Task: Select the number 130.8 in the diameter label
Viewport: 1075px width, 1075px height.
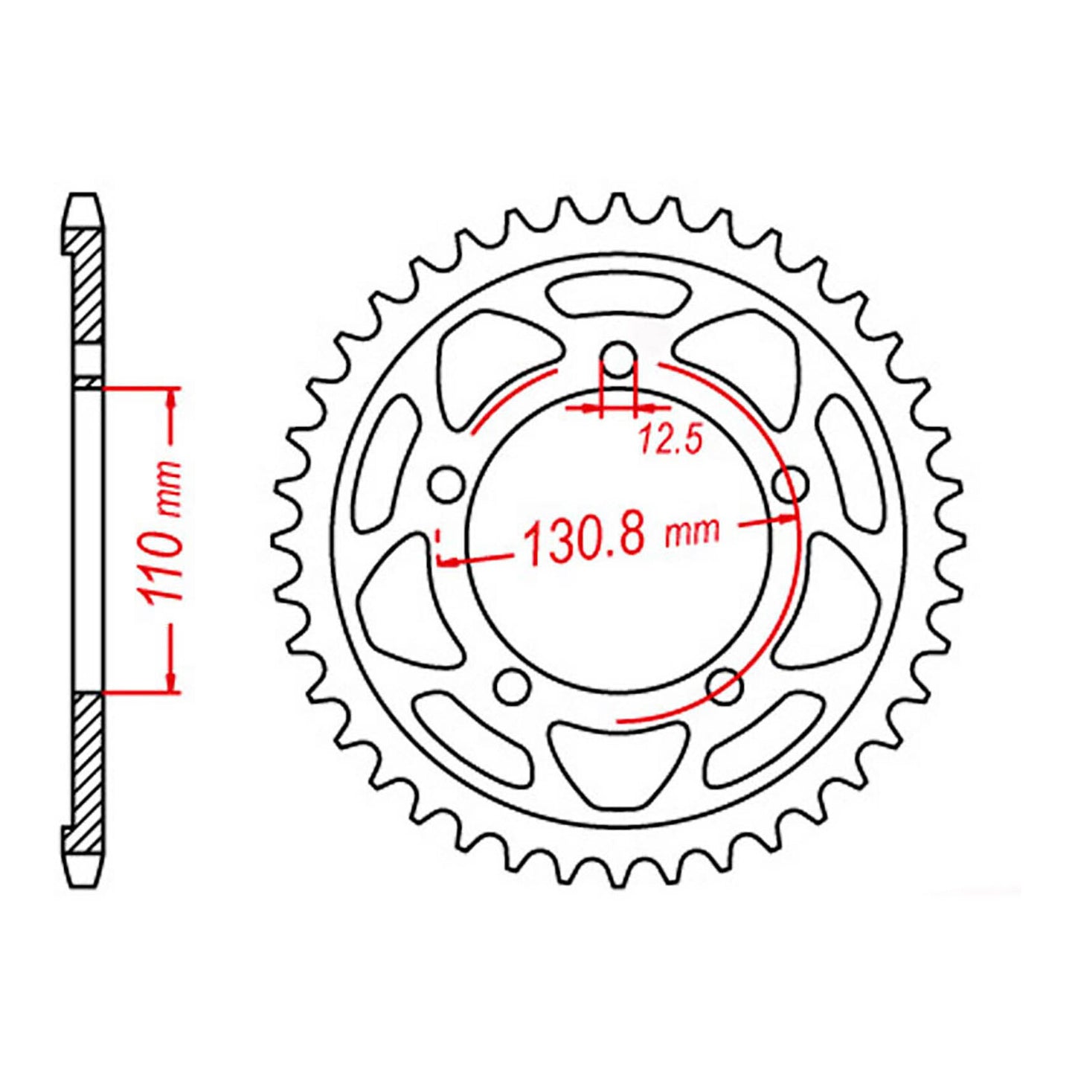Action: (583, 537)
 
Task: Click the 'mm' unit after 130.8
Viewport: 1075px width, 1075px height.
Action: (693, 531)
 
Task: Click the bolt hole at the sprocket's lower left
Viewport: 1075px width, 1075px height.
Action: (513, 683)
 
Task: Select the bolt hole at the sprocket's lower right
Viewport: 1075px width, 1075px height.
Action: (725, 683)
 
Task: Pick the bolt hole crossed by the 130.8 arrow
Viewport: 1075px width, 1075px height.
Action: (790, 485)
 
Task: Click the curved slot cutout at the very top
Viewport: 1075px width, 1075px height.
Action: (617, 295)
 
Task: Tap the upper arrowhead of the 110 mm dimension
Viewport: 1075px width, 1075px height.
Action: (173, 398)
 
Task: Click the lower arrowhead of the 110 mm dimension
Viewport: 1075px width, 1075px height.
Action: (173, 682)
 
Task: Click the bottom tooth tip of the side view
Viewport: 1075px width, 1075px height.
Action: (83, 881)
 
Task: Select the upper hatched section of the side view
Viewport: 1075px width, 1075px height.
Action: (89, 286)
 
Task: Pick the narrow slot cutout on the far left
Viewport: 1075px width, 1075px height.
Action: (383, 459)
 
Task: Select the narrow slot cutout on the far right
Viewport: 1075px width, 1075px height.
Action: (852, 459)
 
